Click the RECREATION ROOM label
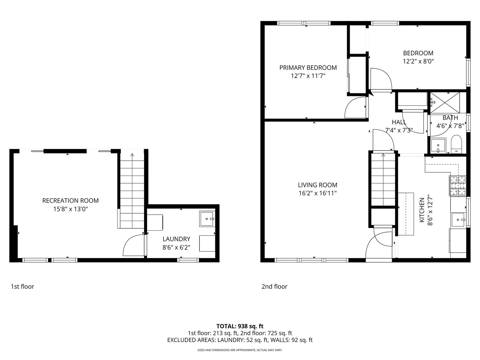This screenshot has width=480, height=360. pos(70,201)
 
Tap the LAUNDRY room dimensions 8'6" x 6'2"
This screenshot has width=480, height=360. pos(176,247)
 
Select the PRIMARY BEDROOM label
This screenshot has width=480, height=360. pos(308,68)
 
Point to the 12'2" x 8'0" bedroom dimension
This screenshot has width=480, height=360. pos(418,61)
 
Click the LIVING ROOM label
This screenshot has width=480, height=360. pos(317,185)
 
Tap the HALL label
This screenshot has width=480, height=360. pos(399,122)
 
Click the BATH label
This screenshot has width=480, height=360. pos(450,118)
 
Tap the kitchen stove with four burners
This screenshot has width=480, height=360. pos(457,186)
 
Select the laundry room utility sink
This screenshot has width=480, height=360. pos(207,219)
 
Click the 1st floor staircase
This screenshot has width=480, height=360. pos(132,190)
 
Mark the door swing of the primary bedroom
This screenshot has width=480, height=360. pos(355,107)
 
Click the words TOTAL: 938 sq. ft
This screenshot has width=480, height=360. pos(240,326)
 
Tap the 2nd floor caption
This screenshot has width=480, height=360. pos(274,286)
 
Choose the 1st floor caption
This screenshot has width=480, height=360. pos(22,286)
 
